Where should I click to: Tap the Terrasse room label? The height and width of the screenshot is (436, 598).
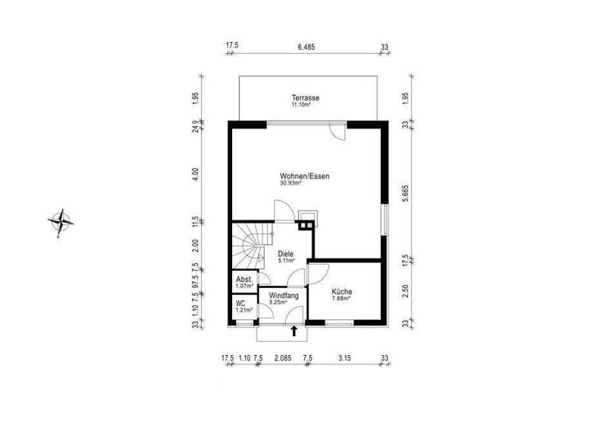pyautogui.click(x=306, y=98)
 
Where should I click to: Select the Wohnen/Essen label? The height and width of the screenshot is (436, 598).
pyautogui.click(x=304, y=176)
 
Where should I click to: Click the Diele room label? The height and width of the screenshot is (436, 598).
pyautogui.click(x=285, y=253)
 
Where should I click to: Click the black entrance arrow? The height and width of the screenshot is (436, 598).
pyautogui.click(x=294, y=331)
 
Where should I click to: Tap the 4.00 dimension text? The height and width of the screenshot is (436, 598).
pyautogui.click(x=196, y=174)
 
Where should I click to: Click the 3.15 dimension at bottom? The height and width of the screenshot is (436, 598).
pyautogui.click(x=345, y=358)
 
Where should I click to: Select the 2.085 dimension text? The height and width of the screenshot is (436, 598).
pyautogui.click(x=283, y=358)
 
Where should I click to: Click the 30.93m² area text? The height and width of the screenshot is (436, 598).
pyautogui.click(x=291, y=184)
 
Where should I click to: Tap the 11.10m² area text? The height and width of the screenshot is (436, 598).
pyautogui.click(x=301, y=104)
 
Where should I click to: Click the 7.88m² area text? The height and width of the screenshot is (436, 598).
pyautogui.click(x=342, y=298)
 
